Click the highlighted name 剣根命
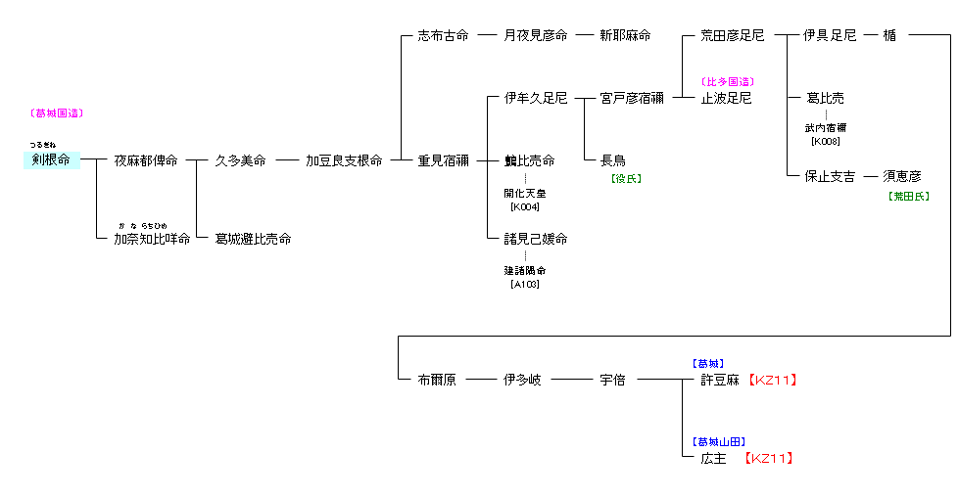(x=51, y=160)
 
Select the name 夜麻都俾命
(x=146, y=160)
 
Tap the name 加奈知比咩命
(x=152, y=239)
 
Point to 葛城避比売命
(x=253, y=239)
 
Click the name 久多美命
(x=240, y=160)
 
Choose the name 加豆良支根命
(x=344, y=160)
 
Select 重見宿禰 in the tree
(x=444, y=160)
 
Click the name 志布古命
(x=444, y=35)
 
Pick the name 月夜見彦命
(x=536, y=35)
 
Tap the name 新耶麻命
(x=626, y=35)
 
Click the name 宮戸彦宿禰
(x=632, y=98)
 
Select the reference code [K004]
(x=525, y=206)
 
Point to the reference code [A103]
(x=525, y=285)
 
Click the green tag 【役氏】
(x=626, y=179)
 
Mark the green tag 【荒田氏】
(x=908, y=196)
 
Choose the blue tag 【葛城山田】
(x=719, y=441)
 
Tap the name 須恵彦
(x=902, y=176)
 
